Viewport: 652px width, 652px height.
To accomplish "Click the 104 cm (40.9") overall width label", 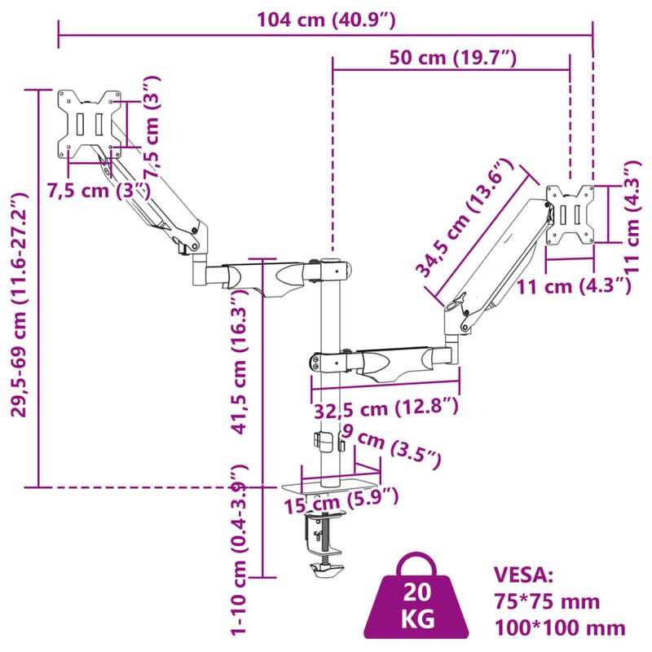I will (326, 21).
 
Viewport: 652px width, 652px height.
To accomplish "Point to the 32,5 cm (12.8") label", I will (386, 407).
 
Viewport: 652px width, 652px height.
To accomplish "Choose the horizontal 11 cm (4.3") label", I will (575, 285).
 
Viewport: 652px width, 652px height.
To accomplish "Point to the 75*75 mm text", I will (547, 601).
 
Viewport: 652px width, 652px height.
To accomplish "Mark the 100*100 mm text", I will (560, 628).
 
